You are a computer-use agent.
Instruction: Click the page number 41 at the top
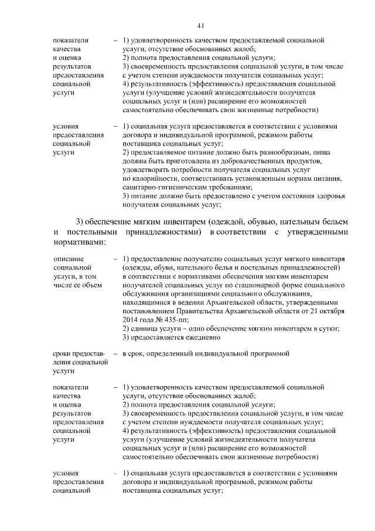click(201, 25)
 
